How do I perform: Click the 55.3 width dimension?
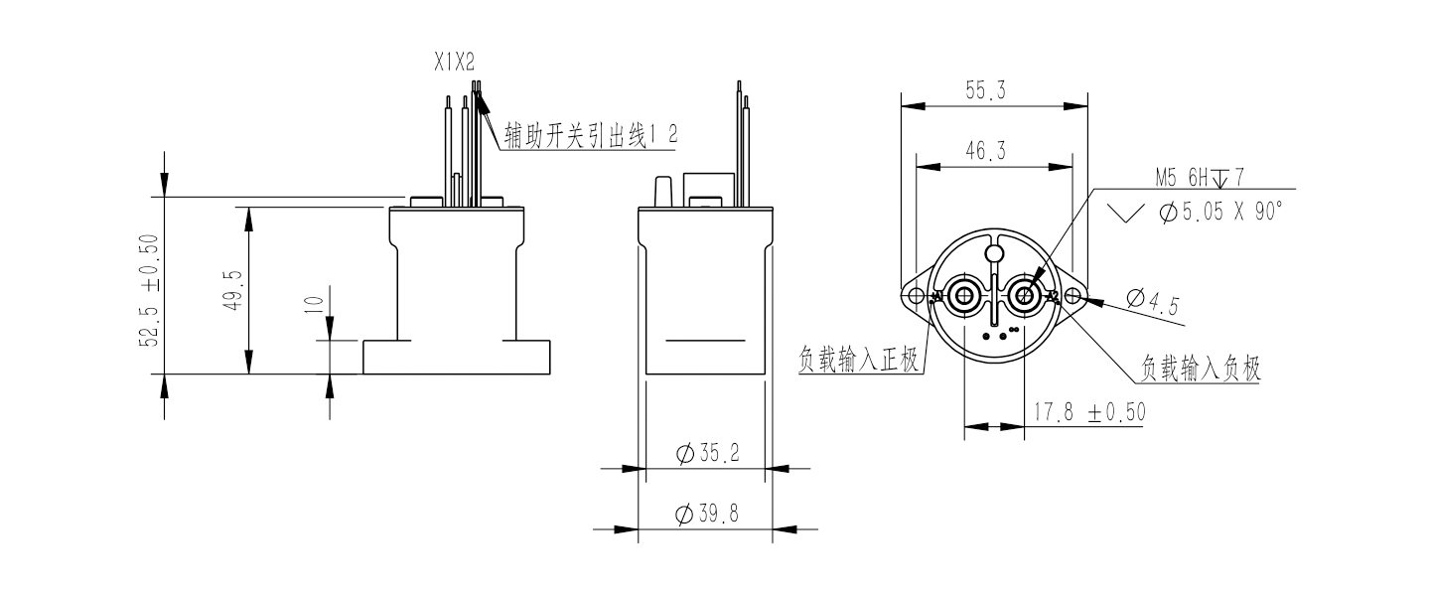pyautogui.click(x=985, y=90)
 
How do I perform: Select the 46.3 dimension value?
pyautogui.click(x=985, y=151)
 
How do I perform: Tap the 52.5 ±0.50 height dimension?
pyautogui.click(x=149, y=291)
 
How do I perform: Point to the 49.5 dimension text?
pyautogui.click(x=233, y=291)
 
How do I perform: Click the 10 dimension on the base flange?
pyautogui.click(x=314, y=304)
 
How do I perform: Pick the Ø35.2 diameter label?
pyautogui.click(x=707, y=454)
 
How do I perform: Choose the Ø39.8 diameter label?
pyautogui.click(x=707, y=514)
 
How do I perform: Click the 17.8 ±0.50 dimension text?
pyautogui.click(x=1089, y=412)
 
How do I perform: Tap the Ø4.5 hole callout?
pyautogui.click(x=1152, y=302)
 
